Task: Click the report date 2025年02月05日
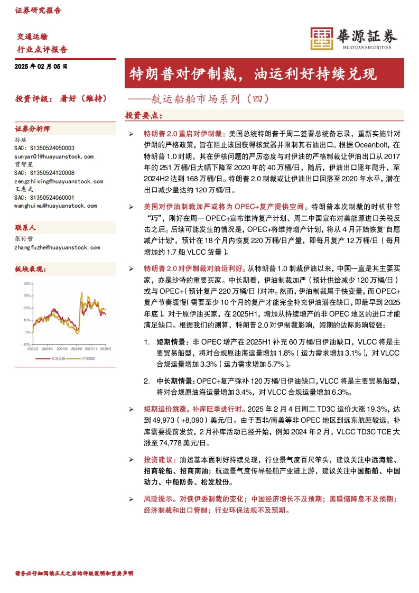tap(41, 67)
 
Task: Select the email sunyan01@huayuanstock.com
tap(54, 156)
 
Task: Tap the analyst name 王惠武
tap(23, 189)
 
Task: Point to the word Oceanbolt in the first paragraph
tap(371, 144)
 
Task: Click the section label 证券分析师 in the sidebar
tap(33, 129)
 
